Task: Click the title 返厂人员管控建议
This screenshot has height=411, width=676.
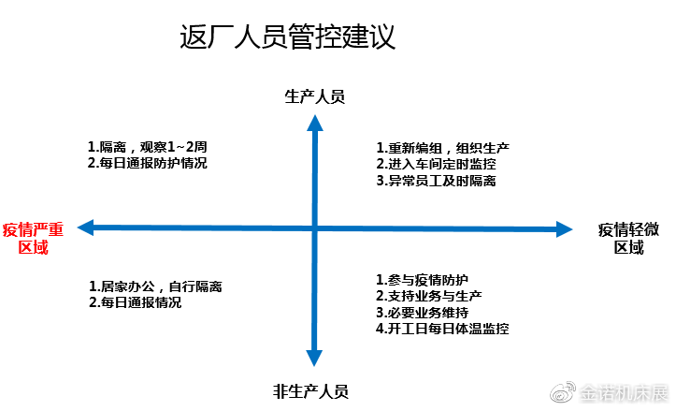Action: [x=287, y=37]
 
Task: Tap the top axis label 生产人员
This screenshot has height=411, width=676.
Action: [x=315, y=96]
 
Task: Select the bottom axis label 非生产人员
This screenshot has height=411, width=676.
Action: [x=310, y=391]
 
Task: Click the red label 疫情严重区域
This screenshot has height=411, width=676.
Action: [x=33, y=239]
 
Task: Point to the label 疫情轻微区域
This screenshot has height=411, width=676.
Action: [x=628, y=239]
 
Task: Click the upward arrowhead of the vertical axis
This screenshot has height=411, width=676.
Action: [x=315, y=123]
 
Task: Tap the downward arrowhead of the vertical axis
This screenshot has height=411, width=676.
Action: [x=314, y=359]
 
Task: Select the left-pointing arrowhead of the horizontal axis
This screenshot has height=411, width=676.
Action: [x=85, y=228]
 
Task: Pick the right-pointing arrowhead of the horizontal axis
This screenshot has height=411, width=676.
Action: [x=565, y=229]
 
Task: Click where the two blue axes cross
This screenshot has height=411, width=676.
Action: [x=315, y=228]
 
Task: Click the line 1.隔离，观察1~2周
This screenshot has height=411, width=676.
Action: [x=148, y=147]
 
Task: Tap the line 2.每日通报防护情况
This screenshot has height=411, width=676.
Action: [x=148, y=163]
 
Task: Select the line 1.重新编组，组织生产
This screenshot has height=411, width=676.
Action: [x=443, y=148]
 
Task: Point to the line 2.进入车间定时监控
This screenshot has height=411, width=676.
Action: [x=436, y=164]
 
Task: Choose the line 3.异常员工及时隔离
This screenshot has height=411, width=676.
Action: [x=436, y=181]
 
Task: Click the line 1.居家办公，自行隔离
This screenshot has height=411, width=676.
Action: [x=155, y=286]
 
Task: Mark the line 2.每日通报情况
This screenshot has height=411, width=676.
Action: [x=135, y=302]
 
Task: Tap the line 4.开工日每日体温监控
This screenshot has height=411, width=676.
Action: [x=442, y=329]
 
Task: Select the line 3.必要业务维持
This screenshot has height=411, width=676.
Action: [x=422, y=313]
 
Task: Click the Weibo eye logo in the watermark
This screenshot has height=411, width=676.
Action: [x=563, y=391]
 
